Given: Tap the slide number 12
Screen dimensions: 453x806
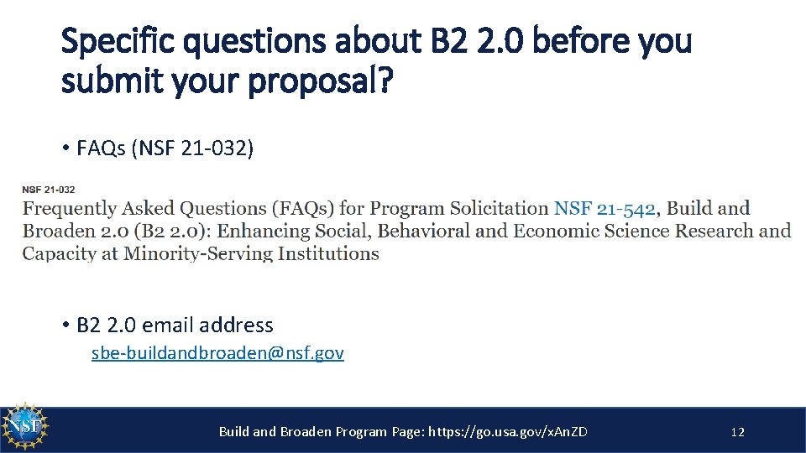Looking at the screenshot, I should coord(738,432).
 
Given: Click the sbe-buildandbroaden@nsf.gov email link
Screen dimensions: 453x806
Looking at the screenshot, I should coord(217,353).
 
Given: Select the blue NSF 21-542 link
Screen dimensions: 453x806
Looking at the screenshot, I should coord(604,209).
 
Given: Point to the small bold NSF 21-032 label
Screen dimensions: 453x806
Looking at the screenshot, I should coord(48,190).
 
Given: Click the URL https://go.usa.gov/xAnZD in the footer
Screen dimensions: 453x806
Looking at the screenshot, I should coord(508,432).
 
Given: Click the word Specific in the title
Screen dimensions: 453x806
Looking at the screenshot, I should coord(114,40).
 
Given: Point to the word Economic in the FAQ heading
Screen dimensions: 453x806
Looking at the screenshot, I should coord(555,231).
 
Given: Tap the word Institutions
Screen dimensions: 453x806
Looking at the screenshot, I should coord(328,253).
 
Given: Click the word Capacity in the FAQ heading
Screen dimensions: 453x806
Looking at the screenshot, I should coord(60,253).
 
